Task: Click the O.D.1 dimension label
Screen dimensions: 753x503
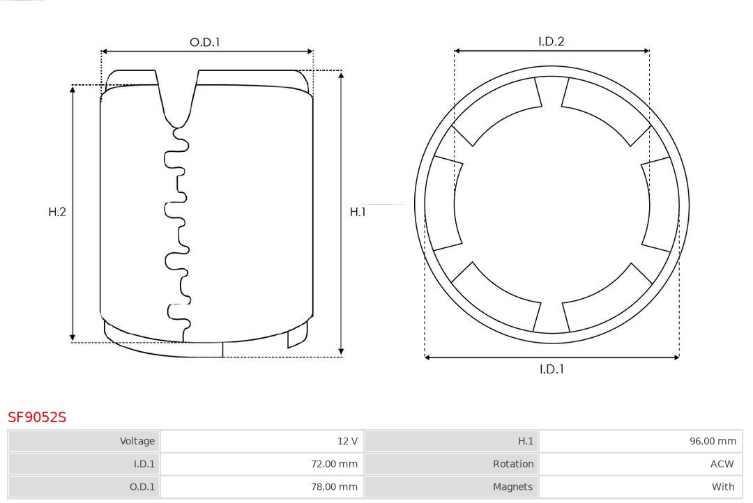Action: tap(204, 42)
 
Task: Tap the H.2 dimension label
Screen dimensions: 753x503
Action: tap(57, 212)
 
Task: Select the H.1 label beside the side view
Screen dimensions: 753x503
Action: tap(358, 212)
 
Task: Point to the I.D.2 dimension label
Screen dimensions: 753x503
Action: tap(552, 41)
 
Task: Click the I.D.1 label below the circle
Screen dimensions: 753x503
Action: tap(552, 369)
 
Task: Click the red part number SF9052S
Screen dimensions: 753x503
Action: tap(37, 417)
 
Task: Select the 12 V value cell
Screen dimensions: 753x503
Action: tap(261, 441)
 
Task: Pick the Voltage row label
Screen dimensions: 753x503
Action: tap(84, 441)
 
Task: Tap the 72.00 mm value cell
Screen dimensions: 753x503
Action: tap(261, 464)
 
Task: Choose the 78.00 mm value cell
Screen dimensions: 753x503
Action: tap(261, 487)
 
